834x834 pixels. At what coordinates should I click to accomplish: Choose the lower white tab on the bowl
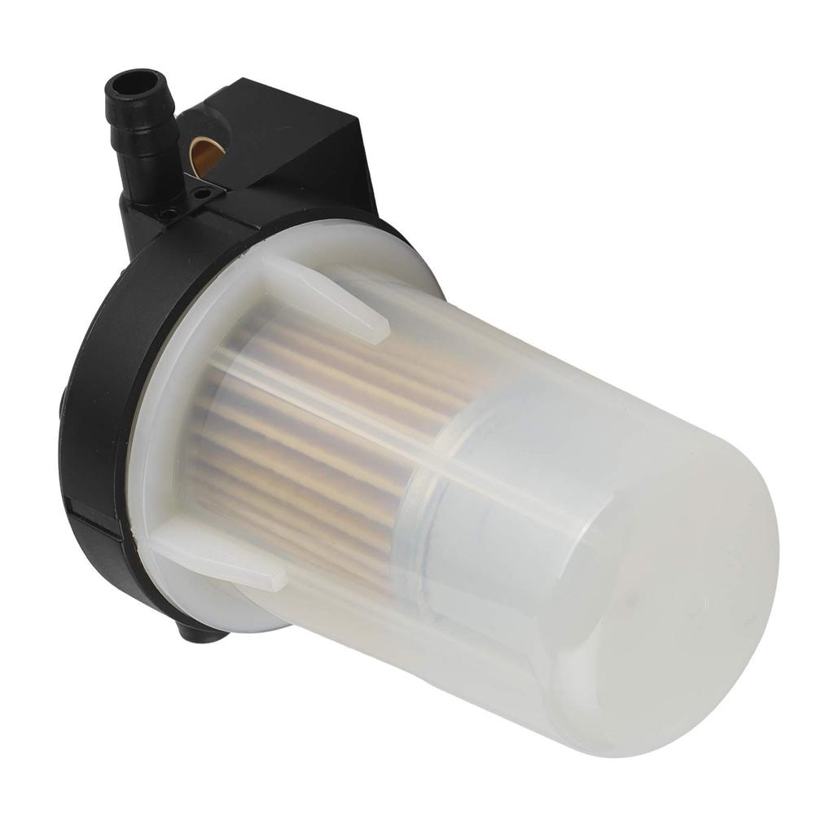tap(220, 562)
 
